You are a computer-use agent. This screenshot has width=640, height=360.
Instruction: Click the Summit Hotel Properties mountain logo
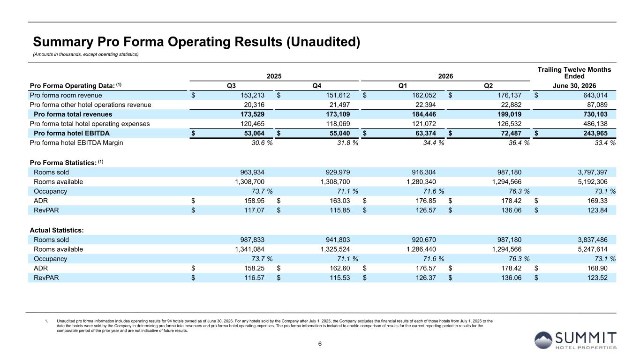(x=543, y=340)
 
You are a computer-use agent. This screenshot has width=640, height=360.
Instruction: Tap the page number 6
(x=320, y=344)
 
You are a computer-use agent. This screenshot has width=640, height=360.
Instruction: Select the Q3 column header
(x=231, y=86)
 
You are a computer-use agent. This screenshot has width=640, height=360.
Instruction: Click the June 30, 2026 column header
(x=574, y=86)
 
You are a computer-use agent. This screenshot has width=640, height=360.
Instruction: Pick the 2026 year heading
(x=445, y=76)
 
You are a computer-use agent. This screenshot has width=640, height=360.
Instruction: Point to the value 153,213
(x=252, y=95)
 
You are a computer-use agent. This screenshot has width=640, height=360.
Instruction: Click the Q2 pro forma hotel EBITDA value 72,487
(x=510, y=133)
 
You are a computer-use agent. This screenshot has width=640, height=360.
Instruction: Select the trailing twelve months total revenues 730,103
(x=595, y=114)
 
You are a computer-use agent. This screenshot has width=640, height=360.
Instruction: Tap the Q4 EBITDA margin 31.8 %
(x=347, y=142)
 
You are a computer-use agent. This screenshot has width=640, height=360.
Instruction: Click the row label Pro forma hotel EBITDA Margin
(x=76, y=142)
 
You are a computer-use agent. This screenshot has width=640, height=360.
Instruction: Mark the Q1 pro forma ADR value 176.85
(x=426, y=201)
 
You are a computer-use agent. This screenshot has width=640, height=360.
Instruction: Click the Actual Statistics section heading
(x=57, y=230)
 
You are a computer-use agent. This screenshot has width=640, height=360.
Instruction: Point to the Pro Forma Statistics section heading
(x=66, y=162)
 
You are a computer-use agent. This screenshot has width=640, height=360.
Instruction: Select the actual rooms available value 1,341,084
(x=250, y=249)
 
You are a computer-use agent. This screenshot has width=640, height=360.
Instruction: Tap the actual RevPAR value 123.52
(x=597, y=277)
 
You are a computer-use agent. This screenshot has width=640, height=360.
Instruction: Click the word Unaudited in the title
(x=323, y=42)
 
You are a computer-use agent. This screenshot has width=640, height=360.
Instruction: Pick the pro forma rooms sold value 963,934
(x=252, y=172)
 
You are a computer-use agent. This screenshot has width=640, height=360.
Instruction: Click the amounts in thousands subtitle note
(x=86, y=54)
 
